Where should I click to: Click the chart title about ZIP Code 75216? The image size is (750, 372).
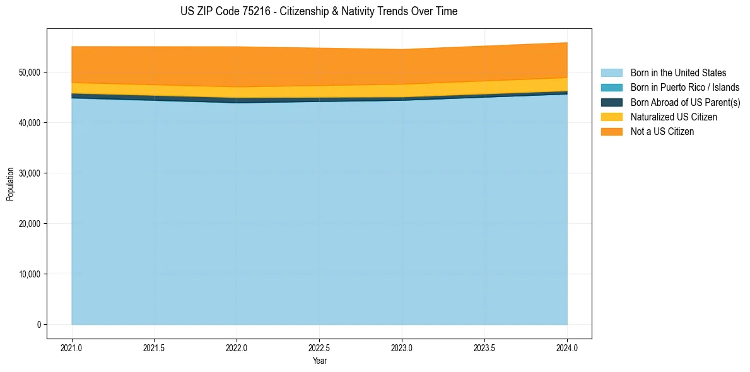[319, 11]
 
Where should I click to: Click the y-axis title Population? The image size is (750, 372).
[10, 184]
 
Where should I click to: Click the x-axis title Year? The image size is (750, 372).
[319, 361]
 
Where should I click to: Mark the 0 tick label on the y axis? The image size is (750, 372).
[38, 325]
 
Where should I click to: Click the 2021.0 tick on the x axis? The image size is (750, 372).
[72, 347]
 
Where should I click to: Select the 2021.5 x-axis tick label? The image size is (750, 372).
[155, 347]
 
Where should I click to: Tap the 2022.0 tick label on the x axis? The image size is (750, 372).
[237, 347]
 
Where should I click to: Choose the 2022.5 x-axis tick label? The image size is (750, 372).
[319, 347]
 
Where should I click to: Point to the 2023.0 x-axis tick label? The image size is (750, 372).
[402, 347]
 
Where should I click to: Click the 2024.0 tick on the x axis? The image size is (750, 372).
[567, 347]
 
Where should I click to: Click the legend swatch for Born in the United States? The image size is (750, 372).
[611, 73]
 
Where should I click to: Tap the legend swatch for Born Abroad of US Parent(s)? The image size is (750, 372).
[611, 102]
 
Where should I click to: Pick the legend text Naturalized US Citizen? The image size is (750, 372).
[674, 117]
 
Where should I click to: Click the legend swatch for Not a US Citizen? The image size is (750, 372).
[611, 132]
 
